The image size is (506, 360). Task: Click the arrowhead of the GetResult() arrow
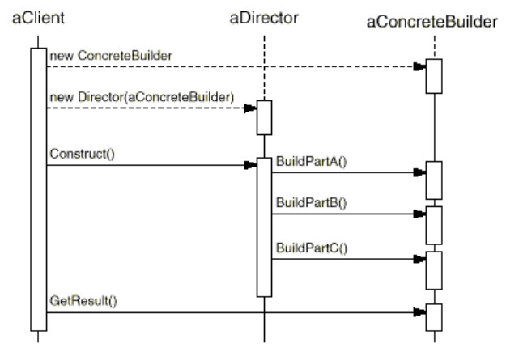419,311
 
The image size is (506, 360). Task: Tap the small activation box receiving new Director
264,117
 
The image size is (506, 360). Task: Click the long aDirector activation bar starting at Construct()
264,227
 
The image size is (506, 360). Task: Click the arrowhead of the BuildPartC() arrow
419,260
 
